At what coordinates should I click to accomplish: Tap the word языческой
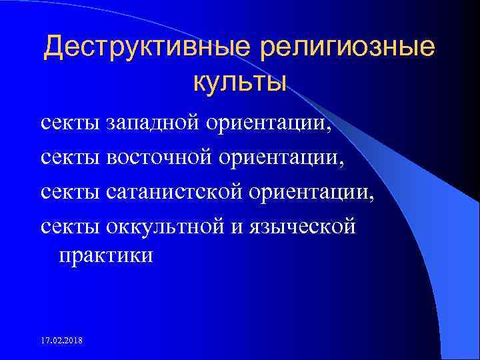point(302,227)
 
